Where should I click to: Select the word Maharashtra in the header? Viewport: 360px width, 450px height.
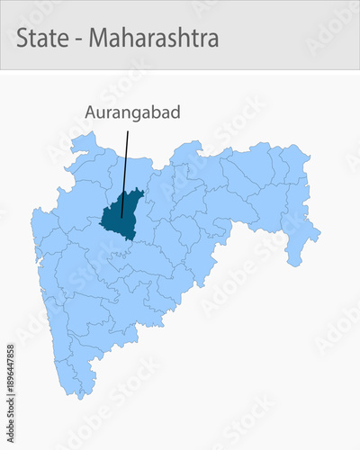tap(154, 39)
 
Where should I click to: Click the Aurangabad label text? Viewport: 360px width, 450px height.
tap(132, 112)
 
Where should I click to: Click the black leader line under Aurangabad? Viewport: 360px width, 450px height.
tap(125, 171)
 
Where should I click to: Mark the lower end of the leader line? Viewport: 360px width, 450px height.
tap(121, 217)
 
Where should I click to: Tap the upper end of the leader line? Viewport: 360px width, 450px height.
tap(128, 131)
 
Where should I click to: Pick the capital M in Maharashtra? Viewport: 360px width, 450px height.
tap(99, 39)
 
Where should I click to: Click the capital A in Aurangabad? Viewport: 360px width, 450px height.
tap(91, 112)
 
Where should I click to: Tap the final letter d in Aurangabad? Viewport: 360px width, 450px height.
tap(175, 112)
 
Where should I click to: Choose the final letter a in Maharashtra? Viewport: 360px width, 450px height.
tap(213, 40)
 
